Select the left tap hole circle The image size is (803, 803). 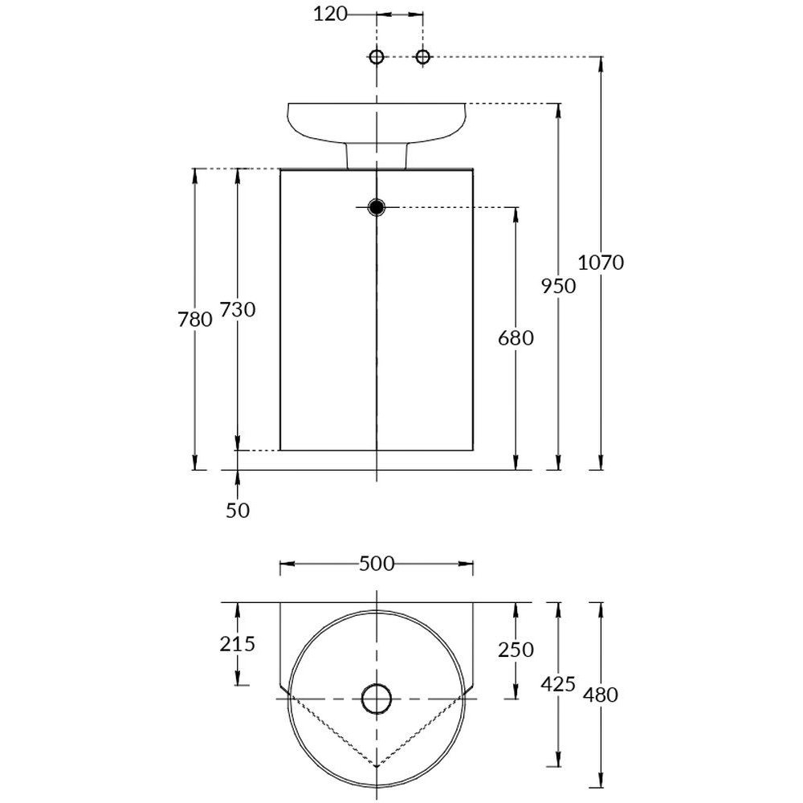click(x=377, y=56)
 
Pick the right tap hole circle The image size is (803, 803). click(x=423, y=56)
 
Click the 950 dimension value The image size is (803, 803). click(x=560, y=286)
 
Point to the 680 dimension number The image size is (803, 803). click(x=516, y=338)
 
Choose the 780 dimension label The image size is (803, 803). click(x=195, y=319)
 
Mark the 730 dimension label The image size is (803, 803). click(x=238, y=309)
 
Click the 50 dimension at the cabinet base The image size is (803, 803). click(x=238, y=510)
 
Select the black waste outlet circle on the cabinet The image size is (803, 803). click(x=377, y=207)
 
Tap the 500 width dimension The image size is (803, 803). click(x=377, y=564)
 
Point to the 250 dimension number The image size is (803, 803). click(x=516, y=650)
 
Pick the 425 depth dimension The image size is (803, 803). click(x=560, y=684)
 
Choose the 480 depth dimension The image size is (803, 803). click(x=601, y=695)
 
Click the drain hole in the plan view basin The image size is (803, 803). click(x=377, y=698)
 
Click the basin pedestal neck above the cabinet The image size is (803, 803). click(x=377, y=156)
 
